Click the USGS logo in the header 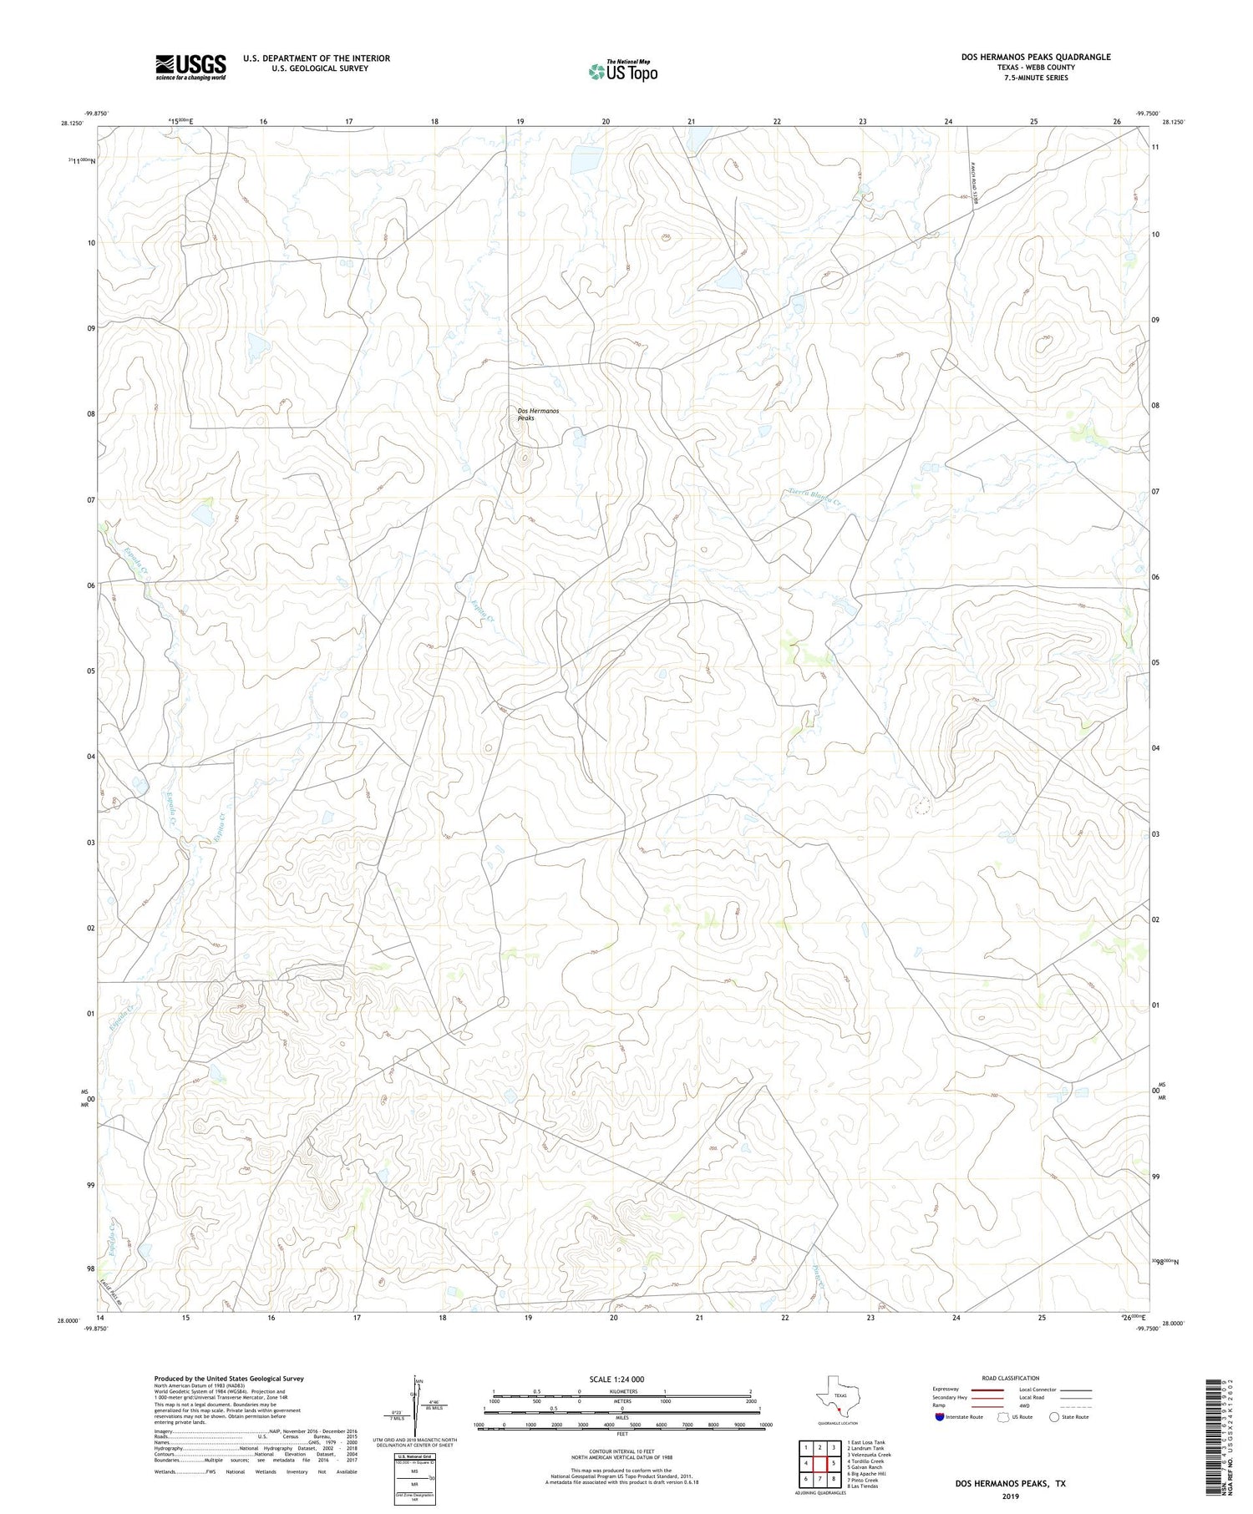coord(190,67)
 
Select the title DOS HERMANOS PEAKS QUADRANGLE coord(1035,57)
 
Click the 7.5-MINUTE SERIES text coord(1036,78)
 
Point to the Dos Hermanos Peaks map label coord(537,414)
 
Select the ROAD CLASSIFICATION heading coord(1010,1378)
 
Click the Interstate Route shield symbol coord(940,1417)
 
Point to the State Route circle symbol coord(1054,1417)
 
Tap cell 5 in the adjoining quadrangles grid coord(834,1463)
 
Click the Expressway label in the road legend coord(946,1390)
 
